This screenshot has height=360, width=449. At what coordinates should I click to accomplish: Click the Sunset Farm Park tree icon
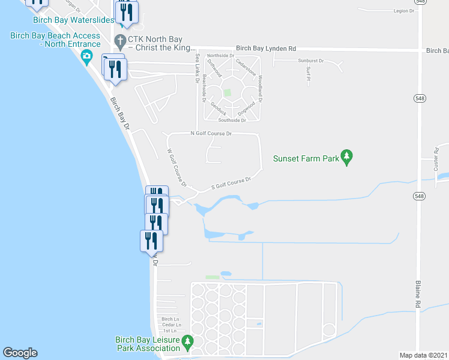pos(346,157)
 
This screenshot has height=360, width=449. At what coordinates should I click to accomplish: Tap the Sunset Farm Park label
pos(306,159)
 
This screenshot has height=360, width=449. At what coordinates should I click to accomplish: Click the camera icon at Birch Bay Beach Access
pos(88,57)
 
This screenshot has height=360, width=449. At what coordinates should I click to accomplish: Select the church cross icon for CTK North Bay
pos(119,41)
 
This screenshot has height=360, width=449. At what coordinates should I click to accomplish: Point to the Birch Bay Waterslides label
pos(74,20)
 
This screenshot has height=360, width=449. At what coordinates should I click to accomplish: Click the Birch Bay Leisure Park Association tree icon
pos(187,343)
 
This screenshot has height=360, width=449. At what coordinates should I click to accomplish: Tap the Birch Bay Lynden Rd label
pos(266,48)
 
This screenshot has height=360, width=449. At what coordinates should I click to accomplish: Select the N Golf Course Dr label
pos(211,133)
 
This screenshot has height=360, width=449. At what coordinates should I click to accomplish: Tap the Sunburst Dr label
pos(310,61)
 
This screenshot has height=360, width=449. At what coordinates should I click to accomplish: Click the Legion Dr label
pos(404,11)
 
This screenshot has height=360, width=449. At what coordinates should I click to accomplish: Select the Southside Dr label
pos(234,119)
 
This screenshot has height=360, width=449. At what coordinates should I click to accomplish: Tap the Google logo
pos(20,353)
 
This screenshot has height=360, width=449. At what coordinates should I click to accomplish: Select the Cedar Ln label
pos(171,325)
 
